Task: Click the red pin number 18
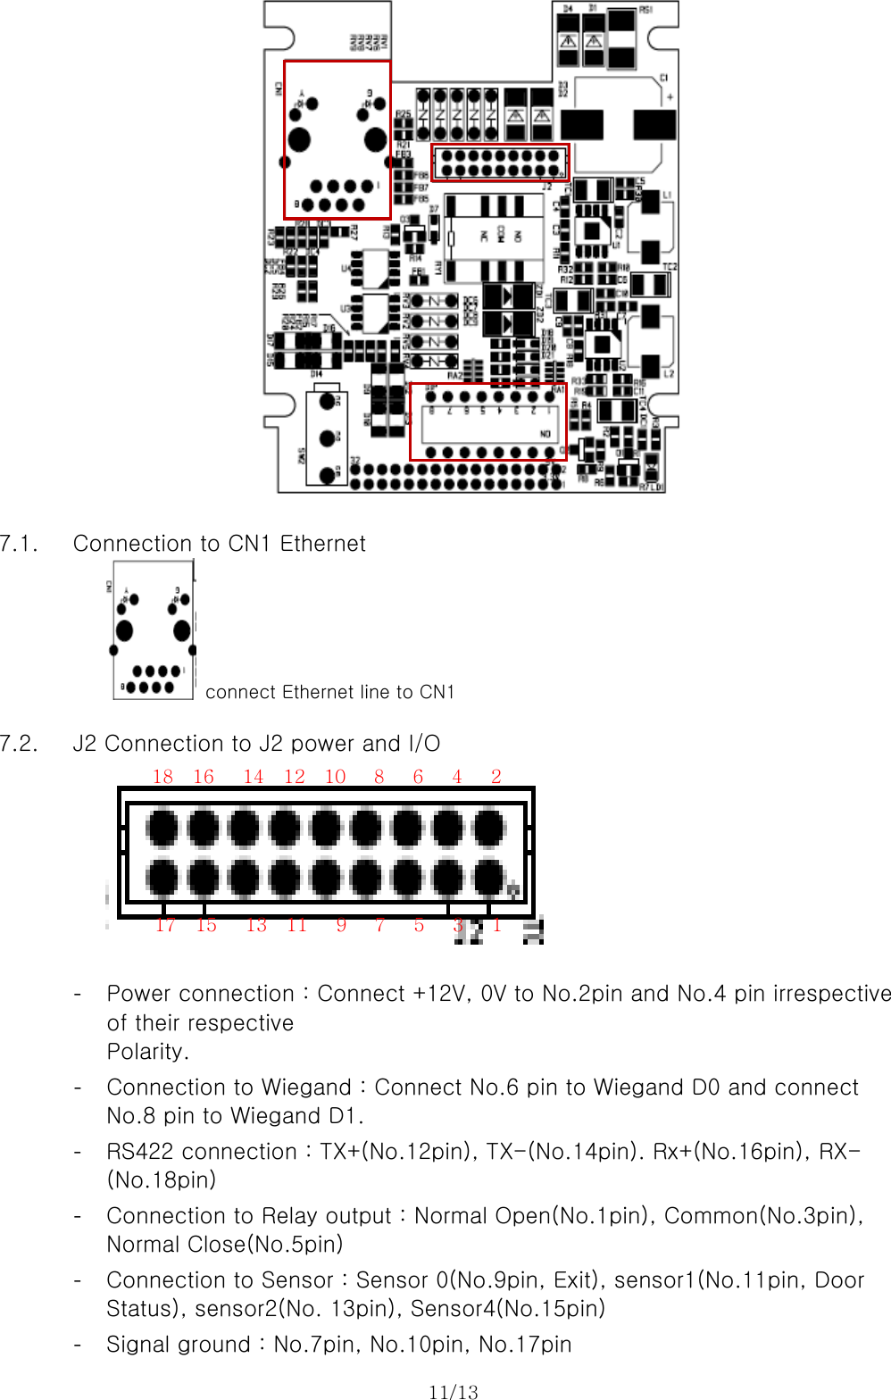click(x=162, y=776)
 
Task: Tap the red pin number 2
click(x=496, y=776)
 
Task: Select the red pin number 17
click(x=165, y=925)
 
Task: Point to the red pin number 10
click(x=335, y=776)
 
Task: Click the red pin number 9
click(x=341, y=925)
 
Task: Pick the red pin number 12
click(x=295, y=776)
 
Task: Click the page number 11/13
click(x=453, y=1391)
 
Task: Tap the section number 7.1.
click(x=19, y=544)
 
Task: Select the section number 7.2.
click(x=19, y=744)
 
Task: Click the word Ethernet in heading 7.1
click(x=322, y=544)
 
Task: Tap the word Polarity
click(x=147, y=1052)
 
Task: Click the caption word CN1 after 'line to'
click(x=437, y=692)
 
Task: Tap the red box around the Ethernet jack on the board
click(x=337, y=140)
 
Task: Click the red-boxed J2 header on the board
click(x=500, y=162)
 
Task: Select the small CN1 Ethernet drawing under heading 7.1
click(x=153, y=630)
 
